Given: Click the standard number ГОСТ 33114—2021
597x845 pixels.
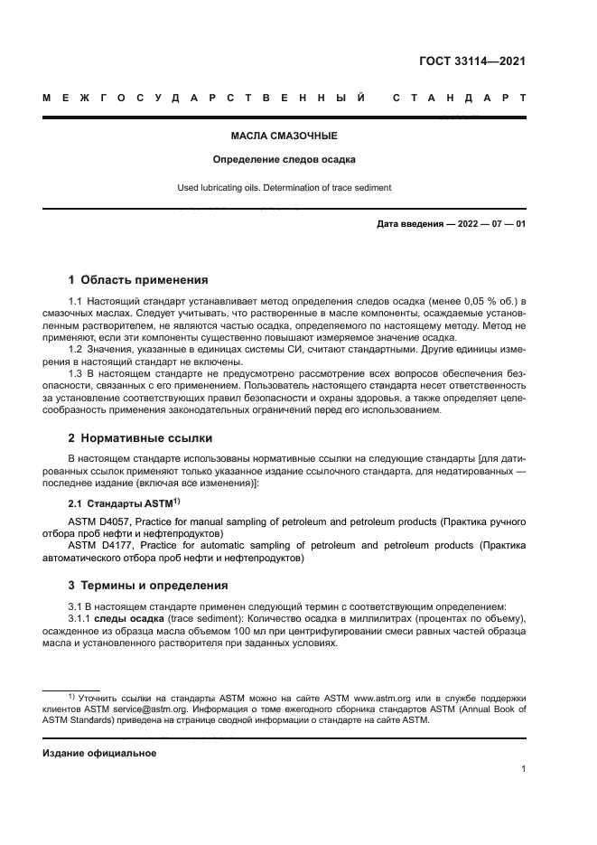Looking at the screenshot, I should click(x=472, y=61).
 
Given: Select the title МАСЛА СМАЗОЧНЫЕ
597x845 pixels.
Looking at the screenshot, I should click(x=285, y=136).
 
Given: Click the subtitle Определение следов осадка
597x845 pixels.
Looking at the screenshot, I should click(x=285, y=160).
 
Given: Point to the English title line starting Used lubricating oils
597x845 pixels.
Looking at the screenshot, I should click(x=285, y=188).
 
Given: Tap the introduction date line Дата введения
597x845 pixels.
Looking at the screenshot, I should click(x=451, y=224).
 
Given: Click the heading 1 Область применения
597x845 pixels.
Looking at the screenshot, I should click(x=138, y=279).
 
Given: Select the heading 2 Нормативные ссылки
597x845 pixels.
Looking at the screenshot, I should click(x=141, y=438).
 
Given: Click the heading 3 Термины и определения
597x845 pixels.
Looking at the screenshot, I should click(x=149, y=586).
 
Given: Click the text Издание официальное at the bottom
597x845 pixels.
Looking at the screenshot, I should click(x=99, y=753).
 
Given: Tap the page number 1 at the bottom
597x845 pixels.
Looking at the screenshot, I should click(x=523, y=769).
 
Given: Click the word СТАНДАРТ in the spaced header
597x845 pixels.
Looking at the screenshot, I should click(x=459, y=98).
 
